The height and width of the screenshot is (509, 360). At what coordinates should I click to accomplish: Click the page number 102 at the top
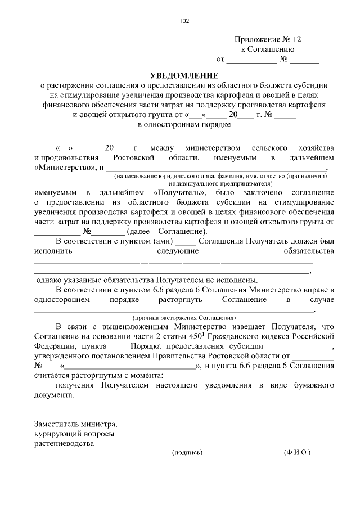click(184, 21)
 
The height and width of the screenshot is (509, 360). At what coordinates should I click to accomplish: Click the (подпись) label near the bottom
click(187, 452)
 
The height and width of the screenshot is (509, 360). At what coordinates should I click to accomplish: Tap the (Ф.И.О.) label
click(297, 452)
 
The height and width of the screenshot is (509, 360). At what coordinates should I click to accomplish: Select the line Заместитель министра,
click(76, 422)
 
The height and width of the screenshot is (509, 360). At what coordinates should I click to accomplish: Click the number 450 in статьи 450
click(195, 336)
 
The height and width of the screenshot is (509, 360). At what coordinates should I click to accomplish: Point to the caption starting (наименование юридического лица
click(219, 176)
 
